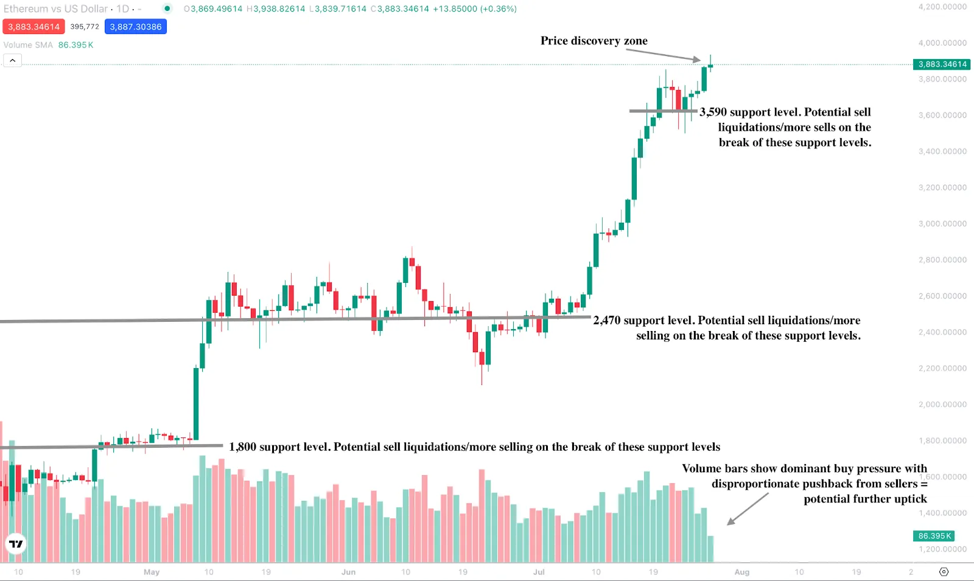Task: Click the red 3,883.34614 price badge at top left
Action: pos(33,27)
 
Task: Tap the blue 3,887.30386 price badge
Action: pos(135,27)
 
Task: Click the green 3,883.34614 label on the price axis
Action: pos(942,64)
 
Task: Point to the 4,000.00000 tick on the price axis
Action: pos(942,43)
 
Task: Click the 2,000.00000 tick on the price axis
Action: pos(942,405)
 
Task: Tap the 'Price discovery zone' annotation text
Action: pos(594,41)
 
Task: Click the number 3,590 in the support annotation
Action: pos(713,112)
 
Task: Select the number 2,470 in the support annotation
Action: pos(607,321)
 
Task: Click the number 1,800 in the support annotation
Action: pos(242,447)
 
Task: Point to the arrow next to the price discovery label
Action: pos(664,55)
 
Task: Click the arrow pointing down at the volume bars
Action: pos(748,509)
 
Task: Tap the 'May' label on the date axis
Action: pos(152,572)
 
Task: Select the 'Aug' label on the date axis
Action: pos(741,572)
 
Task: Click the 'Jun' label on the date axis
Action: pos(348,572)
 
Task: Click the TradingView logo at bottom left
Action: pos(16,543)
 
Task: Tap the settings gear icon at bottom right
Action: pos(944,572)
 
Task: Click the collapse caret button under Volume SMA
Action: pos(12,60)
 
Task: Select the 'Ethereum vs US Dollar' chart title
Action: pos(56,9)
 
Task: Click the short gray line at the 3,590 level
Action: pos(662,111)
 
